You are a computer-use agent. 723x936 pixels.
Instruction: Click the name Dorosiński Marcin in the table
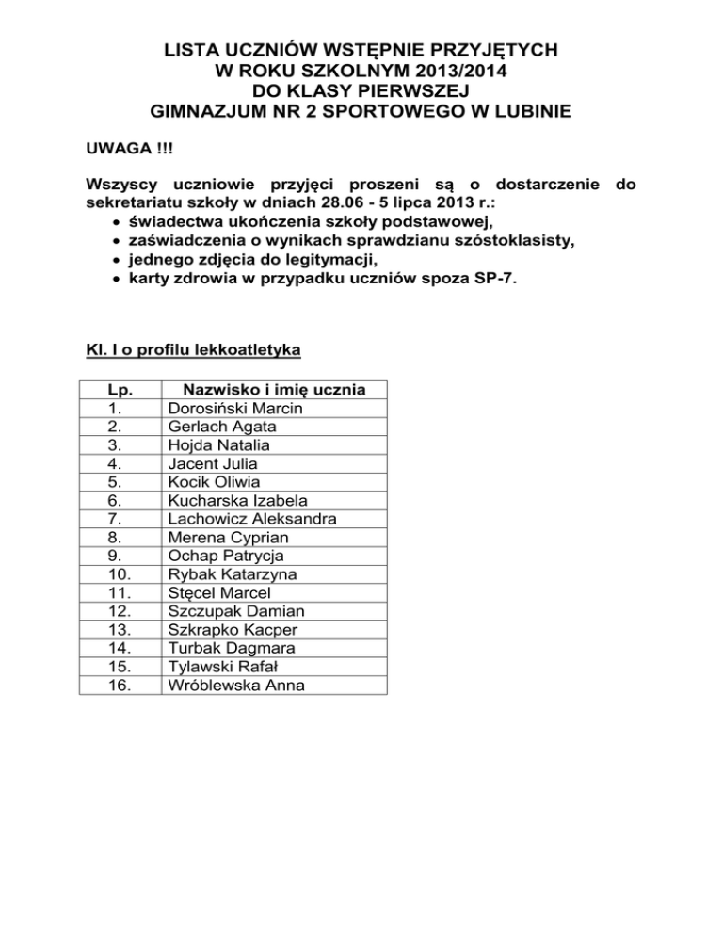[x=234, y=409]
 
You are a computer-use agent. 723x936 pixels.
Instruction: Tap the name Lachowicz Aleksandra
[x=251, y=519]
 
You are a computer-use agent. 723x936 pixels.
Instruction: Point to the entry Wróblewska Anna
[x=235, y=685]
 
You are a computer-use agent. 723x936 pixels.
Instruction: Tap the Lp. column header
[x=119, y=390]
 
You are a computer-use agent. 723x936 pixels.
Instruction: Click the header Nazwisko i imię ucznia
[x=274, y=390]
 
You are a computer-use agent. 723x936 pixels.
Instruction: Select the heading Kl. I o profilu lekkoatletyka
[x=192, y=351]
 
